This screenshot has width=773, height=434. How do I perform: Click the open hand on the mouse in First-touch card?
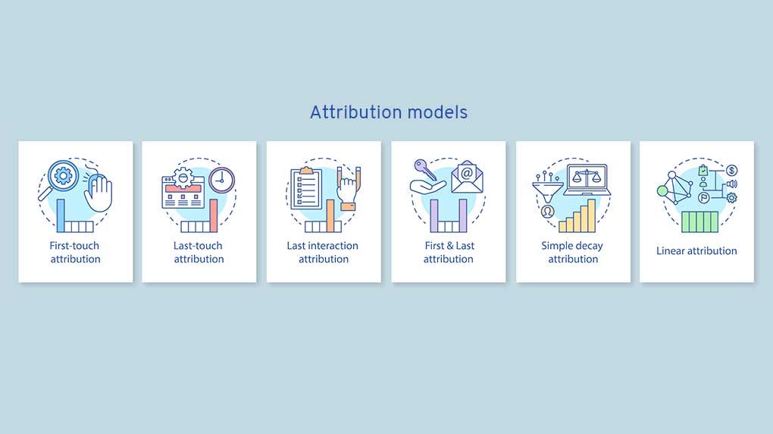99,191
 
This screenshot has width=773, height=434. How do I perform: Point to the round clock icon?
221,179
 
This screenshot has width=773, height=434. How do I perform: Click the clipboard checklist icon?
306,187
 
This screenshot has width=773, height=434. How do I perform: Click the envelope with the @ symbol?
467,177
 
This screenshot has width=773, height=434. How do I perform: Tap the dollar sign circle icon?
731,170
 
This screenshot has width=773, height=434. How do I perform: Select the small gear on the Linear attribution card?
731,198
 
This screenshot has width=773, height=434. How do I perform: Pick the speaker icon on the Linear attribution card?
731,184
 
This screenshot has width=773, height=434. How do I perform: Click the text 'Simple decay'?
572,246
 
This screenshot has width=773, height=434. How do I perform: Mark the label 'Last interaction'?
323,246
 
